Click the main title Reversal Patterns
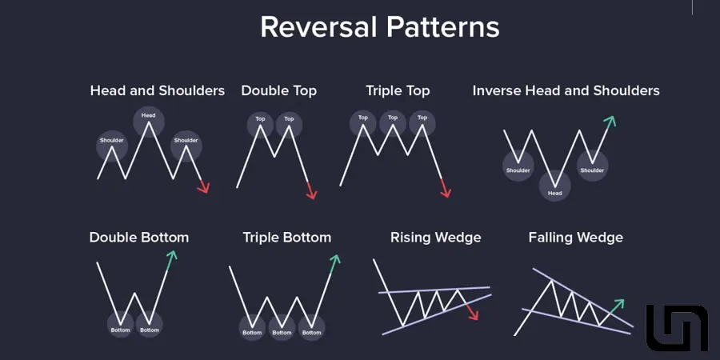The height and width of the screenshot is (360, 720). click(x=380, y=27)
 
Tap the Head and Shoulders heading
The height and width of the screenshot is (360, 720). click(x=158, y=90)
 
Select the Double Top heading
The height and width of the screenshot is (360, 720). click(x=278, y=90)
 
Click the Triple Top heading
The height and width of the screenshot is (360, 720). click(x=398, y=90)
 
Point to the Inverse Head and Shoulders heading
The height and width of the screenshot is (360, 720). click(x=566, y=90)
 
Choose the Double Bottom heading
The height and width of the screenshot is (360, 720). click(x=139, y=238)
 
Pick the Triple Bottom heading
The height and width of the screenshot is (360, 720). click(x=287, y=238)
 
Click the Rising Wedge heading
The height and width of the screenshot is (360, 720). click(x=436, y=238)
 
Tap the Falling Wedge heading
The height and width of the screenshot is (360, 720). click(x=576, y=238)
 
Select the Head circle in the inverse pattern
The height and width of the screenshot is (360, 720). click(x=554, y=186)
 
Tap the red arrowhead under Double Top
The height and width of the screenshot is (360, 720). click(x=312, y=194)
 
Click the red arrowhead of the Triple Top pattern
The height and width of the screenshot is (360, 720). click(x=446, y=193)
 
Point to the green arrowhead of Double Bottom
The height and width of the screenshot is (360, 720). click(x=171, y=256)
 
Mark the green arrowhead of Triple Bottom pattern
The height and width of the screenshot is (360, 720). click(x=335, y=259)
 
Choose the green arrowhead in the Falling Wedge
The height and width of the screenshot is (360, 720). click(x=619, y=304)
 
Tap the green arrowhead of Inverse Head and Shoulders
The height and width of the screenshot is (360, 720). click(x=610, y=122)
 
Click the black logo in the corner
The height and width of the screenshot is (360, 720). click(x=678, y=328)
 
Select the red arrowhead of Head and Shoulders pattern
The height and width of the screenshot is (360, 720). click(x=204, y=187)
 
